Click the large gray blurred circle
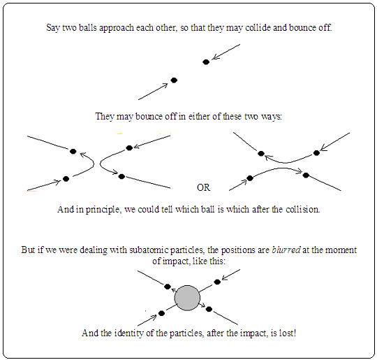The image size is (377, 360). pos(187,298)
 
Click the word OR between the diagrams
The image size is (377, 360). pos(203,187)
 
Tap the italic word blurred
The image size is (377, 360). pos(286,250)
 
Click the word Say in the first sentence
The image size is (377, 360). pos(53,28)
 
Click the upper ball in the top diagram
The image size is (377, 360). pos(206,62)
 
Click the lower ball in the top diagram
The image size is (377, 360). pos(174,80)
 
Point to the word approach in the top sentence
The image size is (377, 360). pos(117,28)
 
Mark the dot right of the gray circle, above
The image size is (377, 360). pos(217,282)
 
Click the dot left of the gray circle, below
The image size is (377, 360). pos(161,313)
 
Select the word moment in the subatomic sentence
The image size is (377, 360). pos(341,250)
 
